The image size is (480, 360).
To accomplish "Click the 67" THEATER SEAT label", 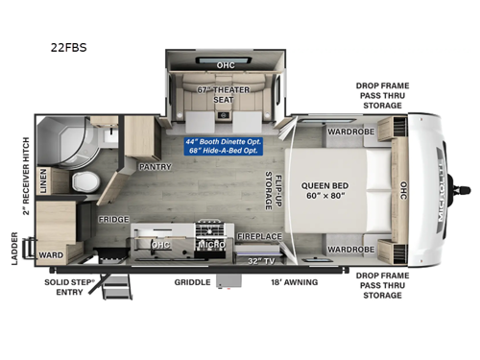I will click(x=225, y=94).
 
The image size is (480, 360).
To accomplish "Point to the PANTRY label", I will click(x=155, y=166).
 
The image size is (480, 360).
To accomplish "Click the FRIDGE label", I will click(x=113, y=219).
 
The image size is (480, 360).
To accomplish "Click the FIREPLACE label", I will click(x=259, y=236).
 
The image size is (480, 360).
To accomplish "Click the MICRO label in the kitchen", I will click(x=212, y=244).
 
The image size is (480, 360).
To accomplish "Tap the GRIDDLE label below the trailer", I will click(x=192, y=282).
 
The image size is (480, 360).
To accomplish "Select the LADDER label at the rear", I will click(x=12, y=247).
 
